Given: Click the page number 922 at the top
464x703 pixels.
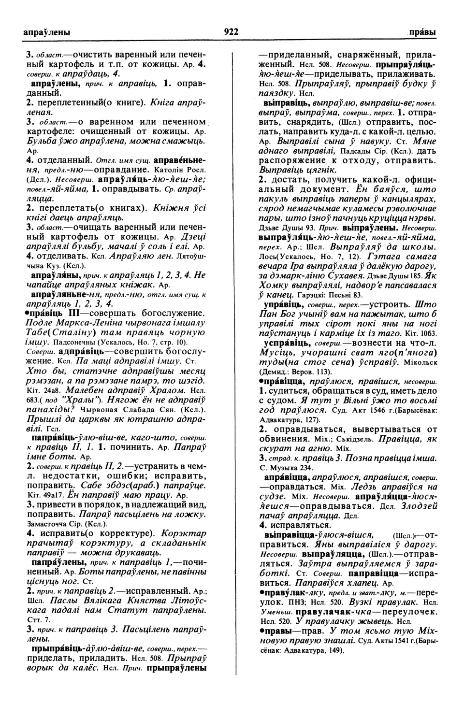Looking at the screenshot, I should point(231,32).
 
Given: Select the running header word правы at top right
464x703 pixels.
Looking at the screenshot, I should point(422,32).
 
